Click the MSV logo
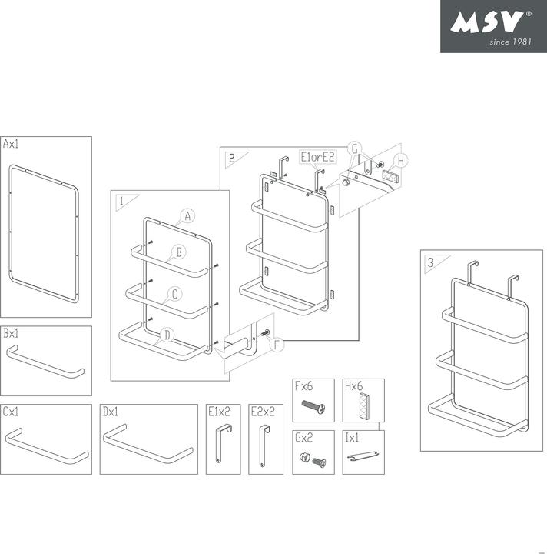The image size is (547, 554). (x=492, y=26)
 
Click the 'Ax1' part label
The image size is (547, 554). (x=12, y=144)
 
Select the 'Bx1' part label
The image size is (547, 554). (x=12, y=334)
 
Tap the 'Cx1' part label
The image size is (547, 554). (x=12, y=412)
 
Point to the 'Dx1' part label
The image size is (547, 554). (x=111, y=412)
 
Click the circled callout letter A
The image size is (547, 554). (x=187, y=216)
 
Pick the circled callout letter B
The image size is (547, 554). (x=177, y=252)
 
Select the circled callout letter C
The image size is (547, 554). (x=175, y=294)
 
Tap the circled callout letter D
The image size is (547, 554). (x=167, y=334)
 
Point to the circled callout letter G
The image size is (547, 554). (x=354, y=149)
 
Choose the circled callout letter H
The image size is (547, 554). (x=402, y=160)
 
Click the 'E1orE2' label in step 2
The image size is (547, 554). (x=318, y=157)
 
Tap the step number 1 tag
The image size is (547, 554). (x=121, y=201)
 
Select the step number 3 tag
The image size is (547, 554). (x=430, y=262)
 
